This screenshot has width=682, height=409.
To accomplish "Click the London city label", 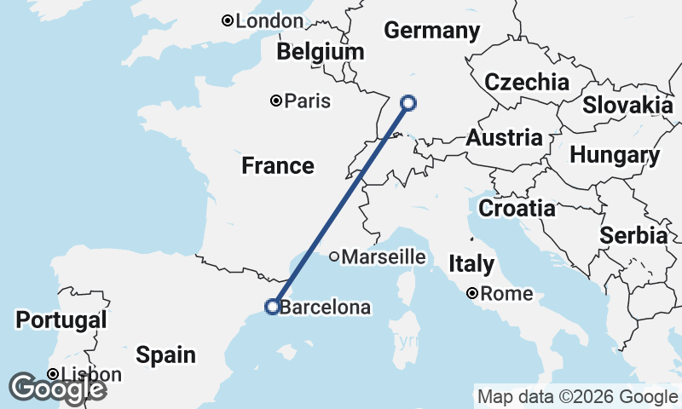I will point(268,21).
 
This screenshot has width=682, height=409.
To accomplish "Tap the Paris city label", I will point(307,101).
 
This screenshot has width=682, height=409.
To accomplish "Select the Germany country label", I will point(431,32).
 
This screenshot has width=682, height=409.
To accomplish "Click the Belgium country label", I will point(320,52).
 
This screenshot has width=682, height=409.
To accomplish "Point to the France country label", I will point(277,165).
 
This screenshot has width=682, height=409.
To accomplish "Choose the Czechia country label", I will point(526,83).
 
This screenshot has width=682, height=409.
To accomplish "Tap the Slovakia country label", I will point(627,105).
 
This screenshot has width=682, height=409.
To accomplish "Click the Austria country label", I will point(503,138).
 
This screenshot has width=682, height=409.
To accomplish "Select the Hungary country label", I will point(614,156).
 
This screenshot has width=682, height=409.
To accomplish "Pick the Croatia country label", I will point(517,208).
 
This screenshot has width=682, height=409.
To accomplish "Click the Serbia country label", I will point(633,236).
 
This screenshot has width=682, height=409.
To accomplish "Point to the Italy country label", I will point(471,264).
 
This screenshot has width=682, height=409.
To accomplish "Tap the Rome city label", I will point(506,295).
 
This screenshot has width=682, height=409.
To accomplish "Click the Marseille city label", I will point(384,256).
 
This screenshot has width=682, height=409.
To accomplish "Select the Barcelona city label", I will point(325,308).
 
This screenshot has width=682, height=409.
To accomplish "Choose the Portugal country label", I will point(61,320).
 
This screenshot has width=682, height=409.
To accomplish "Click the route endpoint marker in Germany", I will point(408,103).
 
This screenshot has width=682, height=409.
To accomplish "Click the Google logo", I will point(57,389).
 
